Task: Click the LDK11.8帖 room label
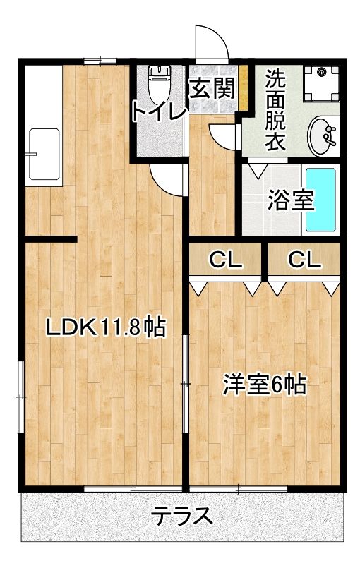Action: (x=105, y=327)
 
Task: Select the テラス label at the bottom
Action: (x=182, y=516)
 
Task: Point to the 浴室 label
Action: (x=290, y=200)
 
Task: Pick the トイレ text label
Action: (x=159, y=111)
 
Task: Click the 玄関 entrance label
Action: (x=212, y=89)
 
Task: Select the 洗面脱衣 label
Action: (x=275, y=109)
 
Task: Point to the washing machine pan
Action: (x=321, y=83)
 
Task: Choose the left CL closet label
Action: (x=225, y=260)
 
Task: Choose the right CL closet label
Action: (x=304, y=260)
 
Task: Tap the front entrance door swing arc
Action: (x=212, y=44)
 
